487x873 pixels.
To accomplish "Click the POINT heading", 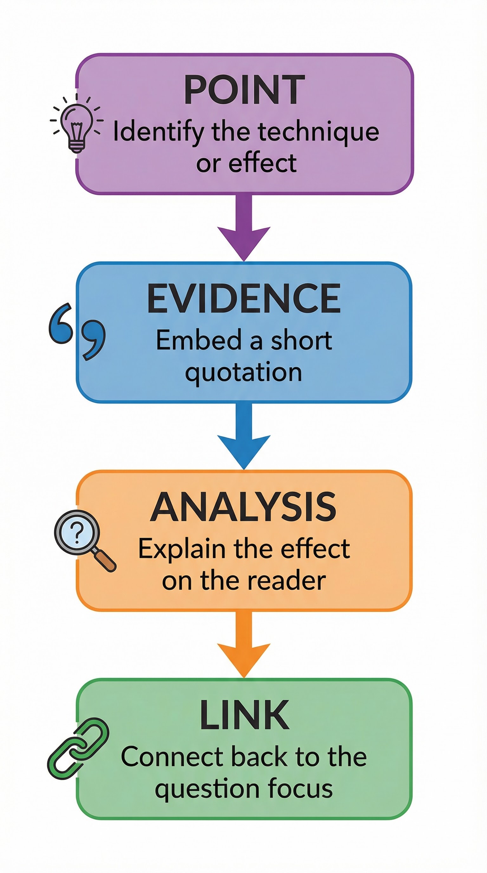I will point(244,90).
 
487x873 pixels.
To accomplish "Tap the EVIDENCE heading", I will point(244,299).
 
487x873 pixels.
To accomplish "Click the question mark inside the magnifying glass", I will point(78,533).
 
